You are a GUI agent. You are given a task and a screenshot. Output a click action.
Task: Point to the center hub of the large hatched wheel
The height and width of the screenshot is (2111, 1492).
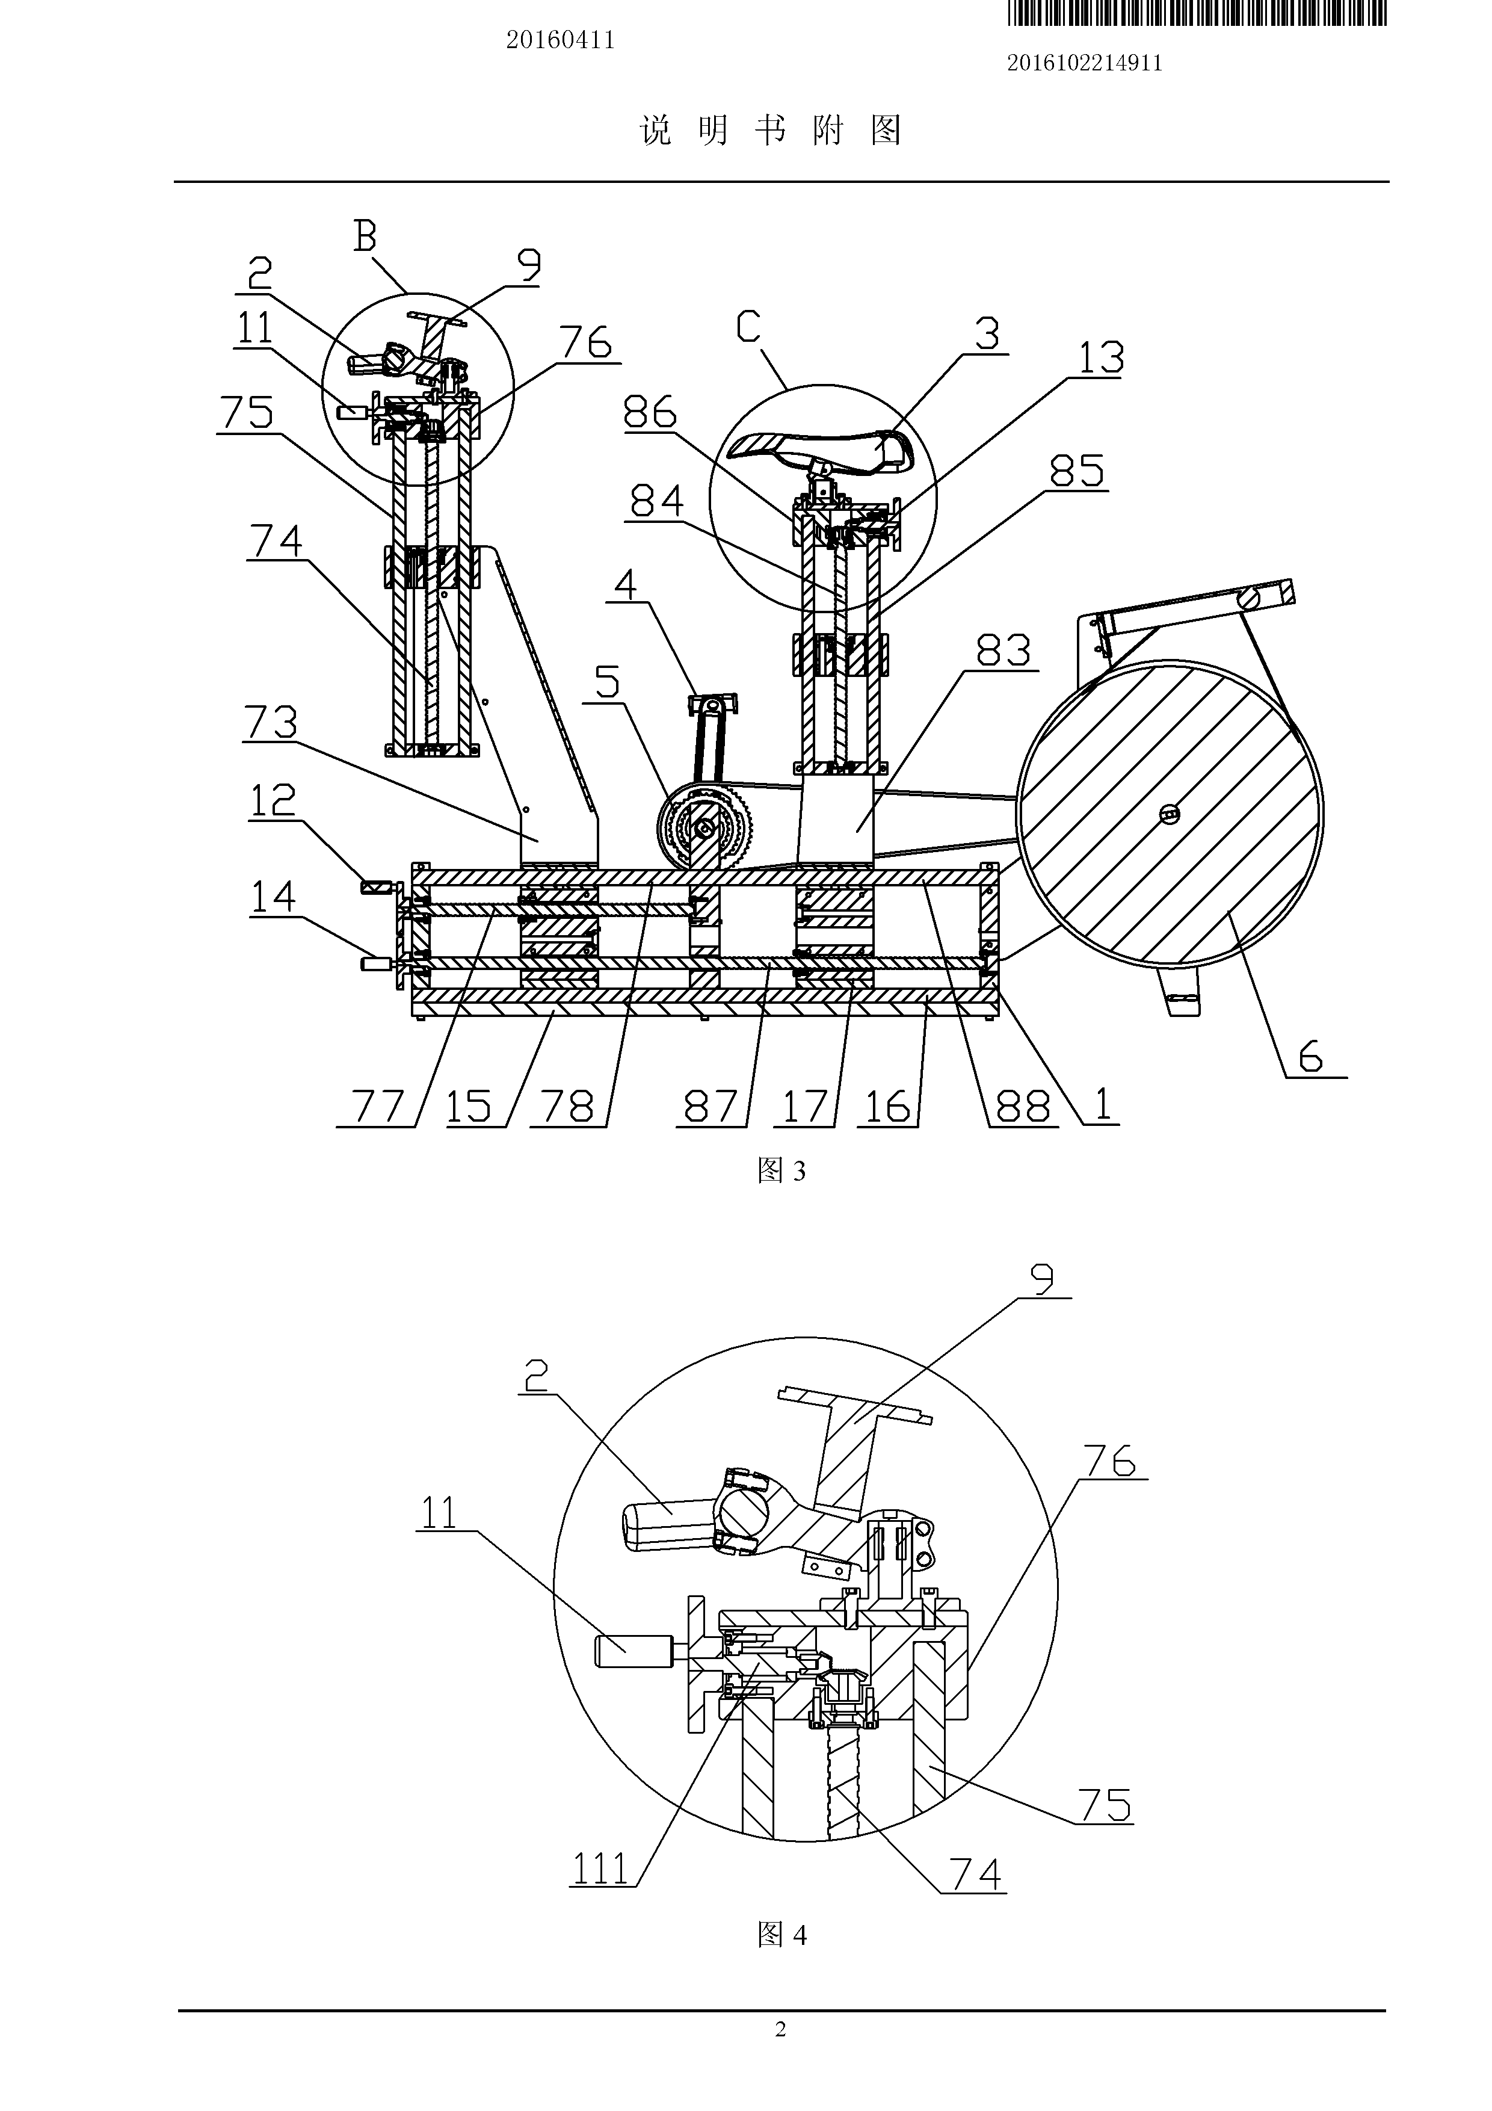[x=1170, y=813]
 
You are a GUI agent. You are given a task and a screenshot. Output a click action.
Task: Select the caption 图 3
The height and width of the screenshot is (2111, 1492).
[x=781, y=1170]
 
